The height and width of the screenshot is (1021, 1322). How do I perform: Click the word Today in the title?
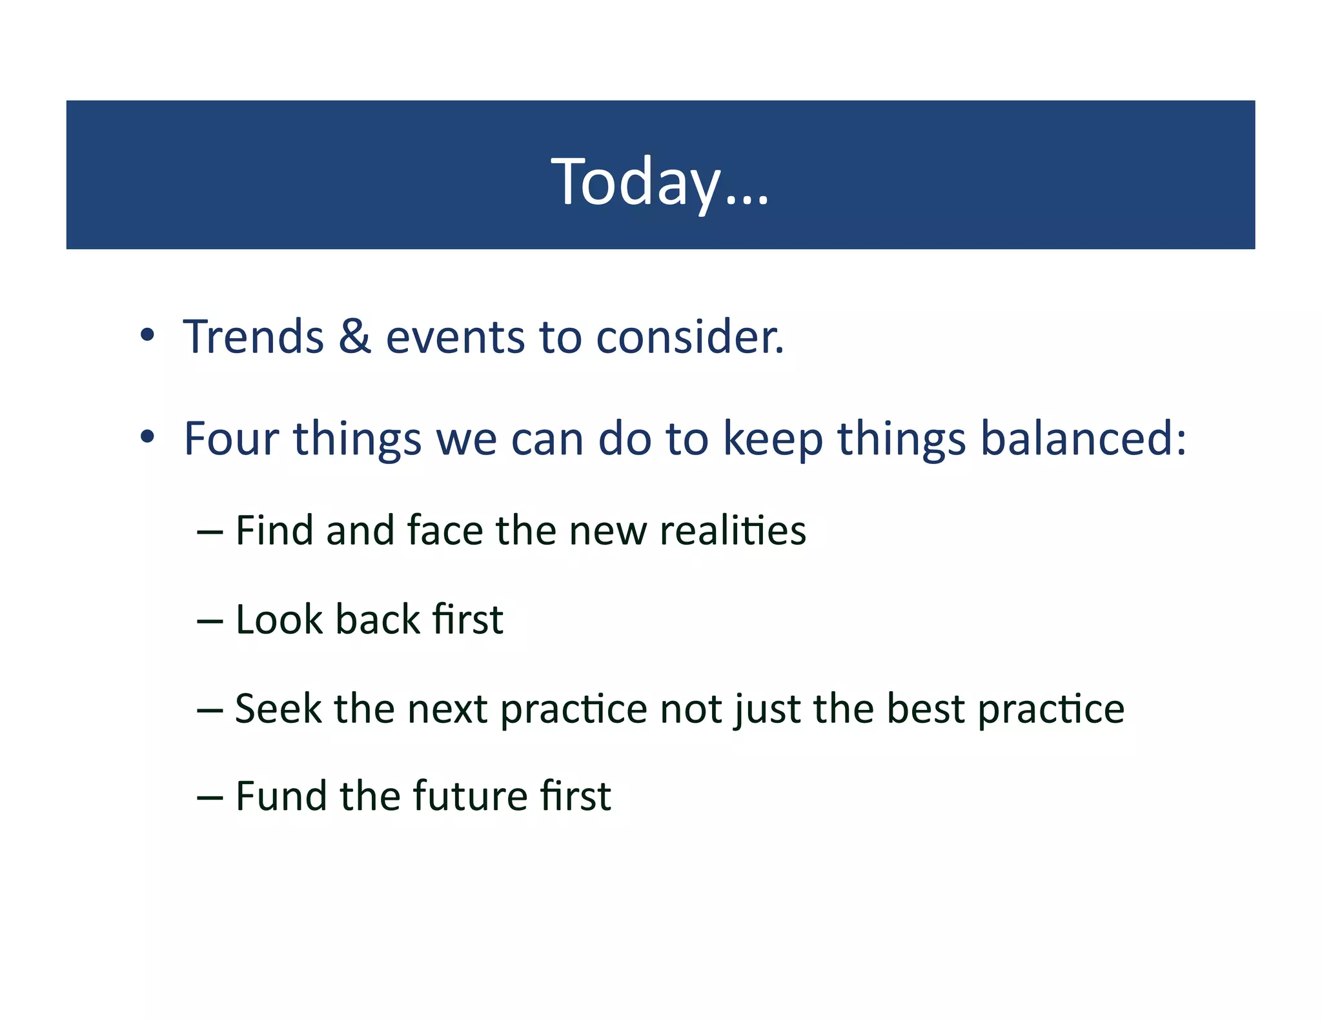point(636,183)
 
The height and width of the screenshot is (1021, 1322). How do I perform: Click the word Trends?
point(254,337)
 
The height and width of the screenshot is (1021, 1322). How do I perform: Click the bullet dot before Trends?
point(148,335)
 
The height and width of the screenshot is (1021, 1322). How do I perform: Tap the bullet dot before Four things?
point(148,437)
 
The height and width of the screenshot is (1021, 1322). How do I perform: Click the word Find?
point(274,531)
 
